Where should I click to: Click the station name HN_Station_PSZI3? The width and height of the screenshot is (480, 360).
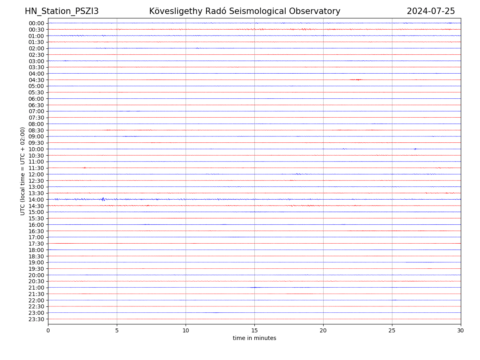(x=62, y=11)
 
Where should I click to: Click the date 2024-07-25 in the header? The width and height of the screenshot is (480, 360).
(x=431, y=11)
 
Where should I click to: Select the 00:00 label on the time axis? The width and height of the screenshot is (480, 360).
(x=36, y=23)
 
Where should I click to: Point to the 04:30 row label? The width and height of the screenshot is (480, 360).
(x=36, y=80)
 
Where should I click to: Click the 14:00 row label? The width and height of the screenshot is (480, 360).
(x=36, y=199)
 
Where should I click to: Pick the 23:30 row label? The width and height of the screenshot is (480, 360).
(x=36, y=319)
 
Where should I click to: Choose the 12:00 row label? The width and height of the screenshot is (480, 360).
(x=36, y=174)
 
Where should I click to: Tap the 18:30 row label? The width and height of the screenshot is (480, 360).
(x=36, y=256)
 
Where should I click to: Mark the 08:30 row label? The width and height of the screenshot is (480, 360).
(x=36, y=130)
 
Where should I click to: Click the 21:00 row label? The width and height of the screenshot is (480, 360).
(x=36, y=288)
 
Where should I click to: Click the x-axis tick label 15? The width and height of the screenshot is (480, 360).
(x=254, y=331)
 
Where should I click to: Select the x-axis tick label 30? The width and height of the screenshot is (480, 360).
(x=461, y=331)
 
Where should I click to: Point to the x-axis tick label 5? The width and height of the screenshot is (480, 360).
(x=117, y=331)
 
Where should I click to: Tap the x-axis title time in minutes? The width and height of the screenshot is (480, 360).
(x=254, y=338)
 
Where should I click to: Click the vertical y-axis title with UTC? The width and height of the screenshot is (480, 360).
(x=23, y=171)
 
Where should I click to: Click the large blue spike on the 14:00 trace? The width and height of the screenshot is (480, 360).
(x=103, y=199)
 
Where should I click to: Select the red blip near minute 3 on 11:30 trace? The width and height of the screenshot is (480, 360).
(x=84, y=168)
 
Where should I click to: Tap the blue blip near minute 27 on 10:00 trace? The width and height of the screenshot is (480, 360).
(x=415, y=149)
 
